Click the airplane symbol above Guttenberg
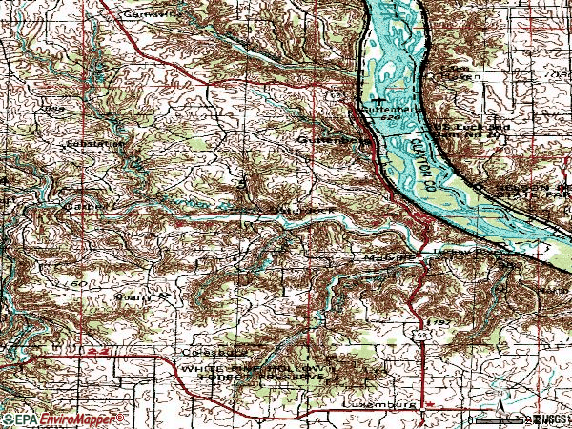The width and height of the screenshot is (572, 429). [380, 98]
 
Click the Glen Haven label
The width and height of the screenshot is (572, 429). [459, 73]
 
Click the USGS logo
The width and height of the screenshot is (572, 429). [549, 419]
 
